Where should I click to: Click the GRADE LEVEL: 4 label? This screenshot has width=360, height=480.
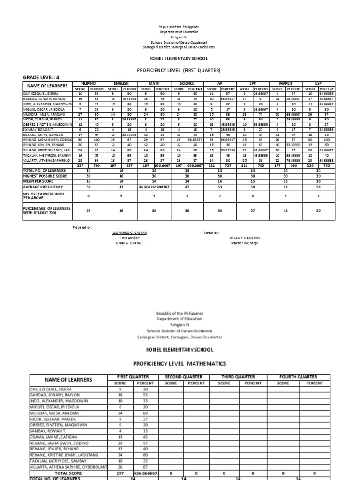(x=42, y=77)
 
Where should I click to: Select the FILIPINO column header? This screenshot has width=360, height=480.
(x=89, y=83)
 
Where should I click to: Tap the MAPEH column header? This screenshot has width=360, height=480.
(x=285, y=83)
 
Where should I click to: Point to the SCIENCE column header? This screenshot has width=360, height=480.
(x=187, y=83)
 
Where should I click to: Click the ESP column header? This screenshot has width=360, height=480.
(x=318, y=83)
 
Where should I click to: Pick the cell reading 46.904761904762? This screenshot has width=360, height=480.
(x=154, y=186)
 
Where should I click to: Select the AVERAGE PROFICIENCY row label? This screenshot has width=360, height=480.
(x=43, y=186)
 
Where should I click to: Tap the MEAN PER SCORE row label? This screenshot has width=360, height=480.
(x=39, y=181)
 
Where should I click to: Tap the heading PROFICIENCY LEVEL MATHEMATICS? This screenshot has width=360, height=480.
(x=180, y=363)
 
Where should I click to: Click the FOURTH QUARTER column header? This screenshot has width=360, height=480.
(x=298, y=377)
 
